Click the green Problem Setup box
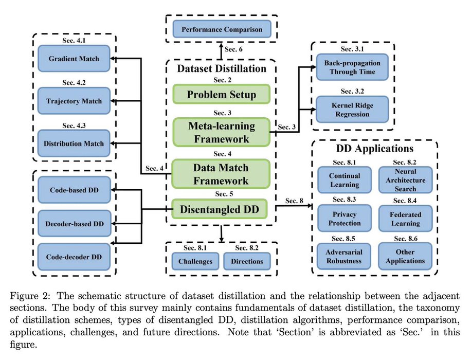pyautogui.click(x=221, y=95)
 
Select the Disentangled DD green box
pyautogui.click(x=221, y=209)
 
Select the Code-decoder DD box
pyautogui.click(x=74, y=257)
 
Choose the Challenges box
pyautogui.click(x=195, y=261)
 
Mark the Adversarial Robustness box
pyautogui.click(x=344, y=256)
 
